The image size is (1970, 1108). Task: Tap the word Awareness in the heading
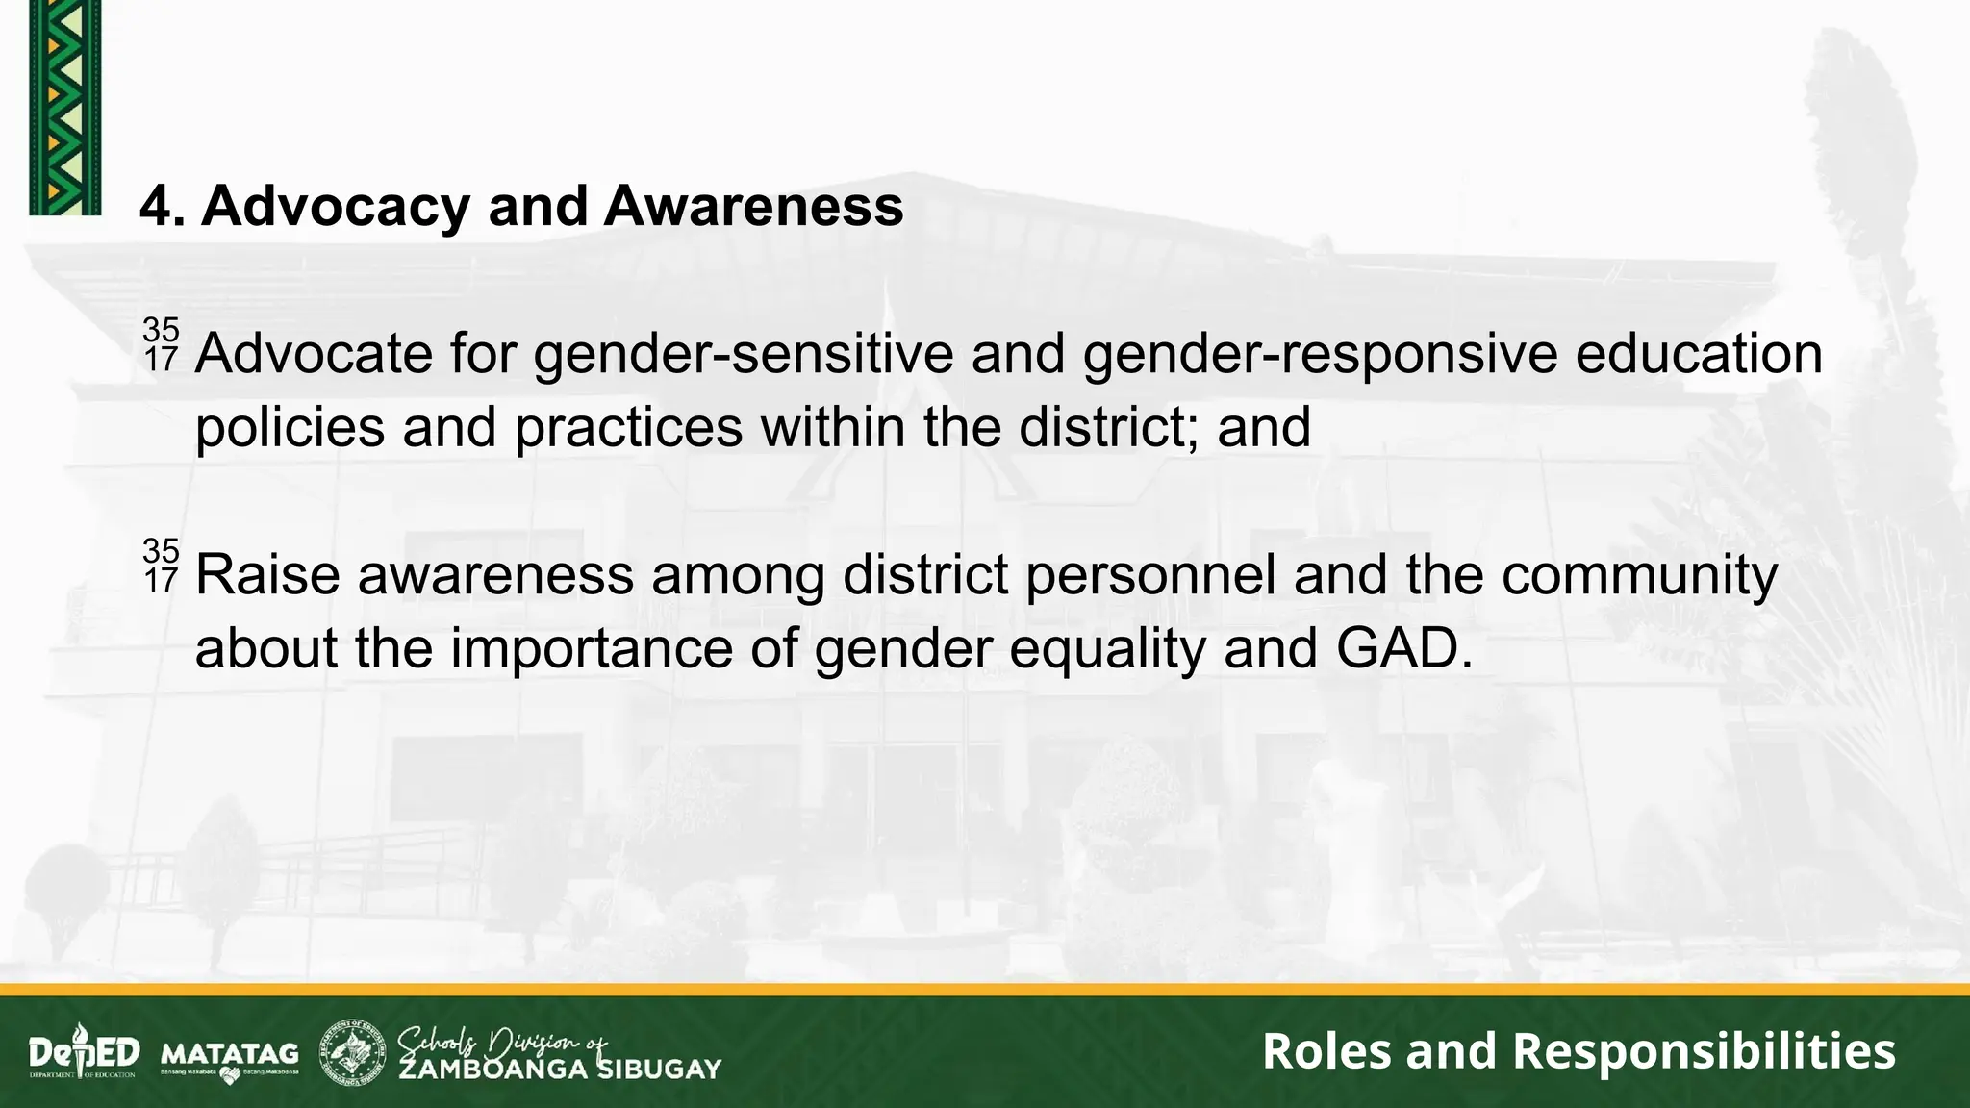coord(753,207)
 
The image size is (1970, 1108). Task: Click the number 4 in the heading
coord(157,207)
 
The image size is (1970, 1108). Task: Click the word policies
coord(290,428)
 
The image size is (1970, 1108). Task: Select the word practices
coord(629,428)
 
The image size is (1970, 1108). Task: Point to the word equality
coord(1107,649)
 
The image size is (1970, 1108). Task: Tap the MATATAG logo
coord(230,1055)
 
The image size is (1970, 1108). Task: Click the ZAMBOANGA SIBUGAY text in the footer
coord(560,1069)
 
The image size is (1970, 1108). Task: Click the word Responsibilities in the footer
coord(1704,1050)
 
